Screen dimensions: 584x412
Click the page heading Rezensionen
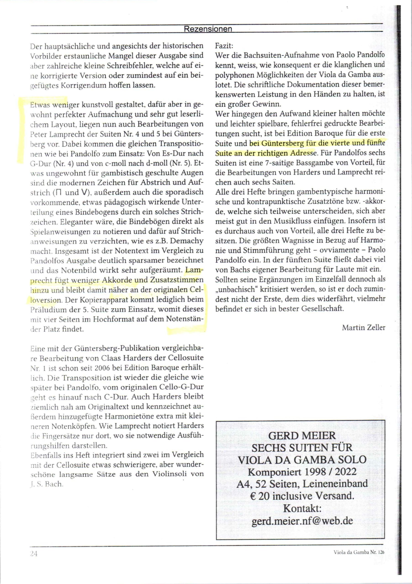click(x=208, y=29)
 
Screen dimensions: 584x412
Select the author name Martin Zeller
click(x=363, y=328)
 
